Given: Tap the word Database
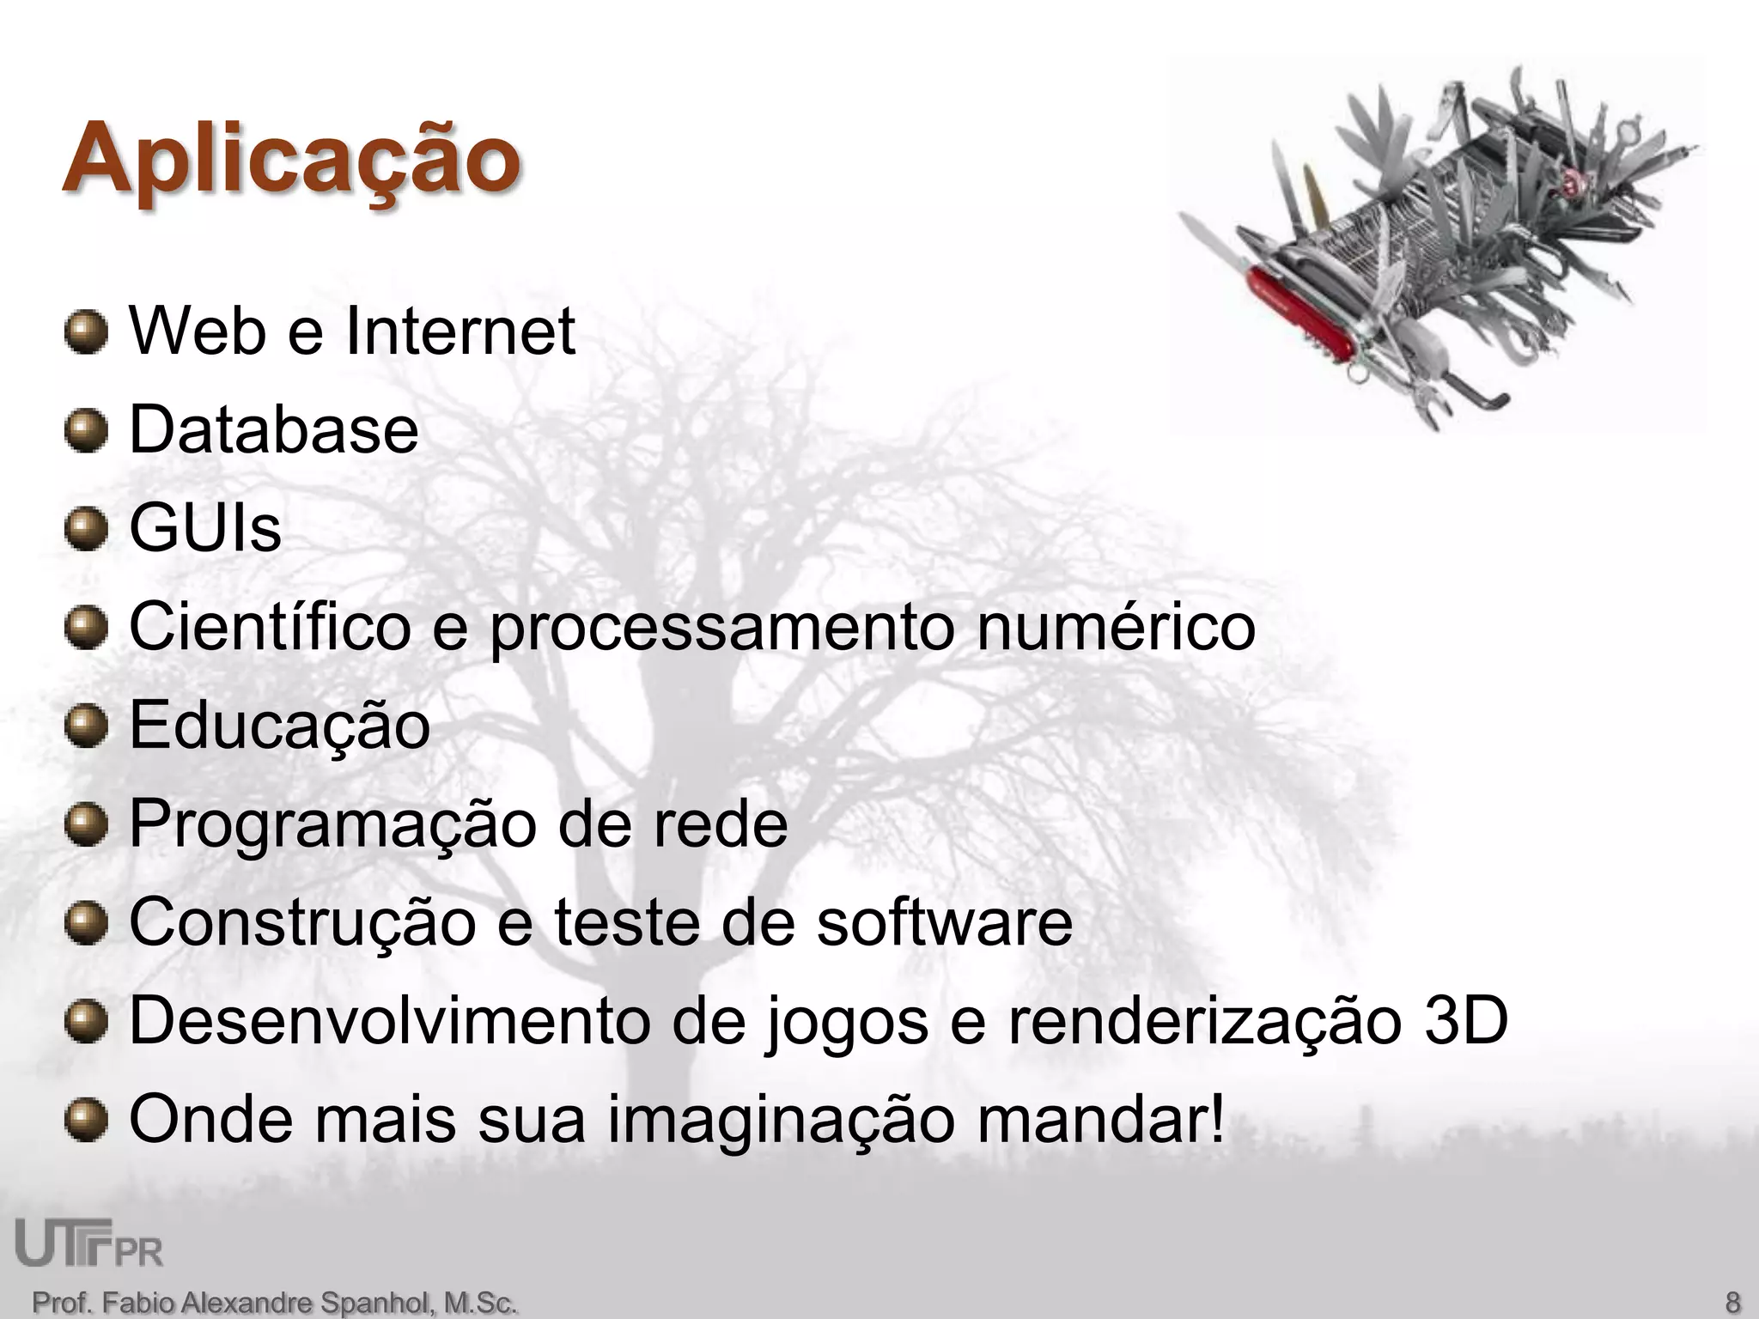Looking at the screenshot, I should [x=273, y=429].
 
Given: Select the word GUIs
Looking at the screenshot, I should [x=205, y=528].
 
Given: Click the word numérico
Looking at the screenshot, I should [x=1116, y=627].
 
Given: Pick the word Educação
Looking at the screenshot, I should [x=279, y=726].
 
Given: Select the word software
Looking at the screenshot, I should [x=944, y=923].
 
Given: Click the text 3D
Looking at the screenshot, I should [x=1465, y=1022].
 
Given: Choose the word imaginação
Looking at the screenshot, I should [x=781, y=1121].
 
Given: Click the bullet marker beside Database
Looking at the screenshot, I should [x=86, y=429].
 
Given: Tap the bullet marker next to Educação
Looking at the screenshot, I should [x=86, y=726].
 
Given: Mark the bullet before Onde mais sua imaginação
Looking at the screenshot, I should [x=86, y=1121].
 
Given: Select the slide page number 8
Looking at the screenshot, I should [x=1732, y=1301].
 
